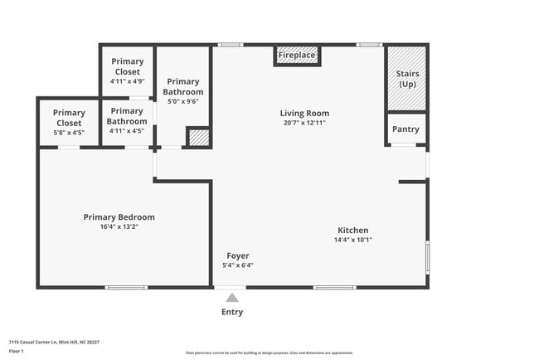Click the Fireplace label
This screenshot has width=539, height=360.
pyautogui.click(x=297, y=56)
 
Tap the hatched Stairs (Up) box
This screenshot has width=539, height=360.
pyautogui.click(x=407, y=79)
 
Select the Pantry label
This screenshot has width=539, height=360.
pyautogui.click(x=405, y=129)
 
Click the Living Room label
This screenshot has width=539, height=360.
pyautogui.click(x=304, y=114)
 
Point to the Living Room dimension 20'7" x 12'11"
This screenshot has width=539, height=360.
pyautogui.click(x=304, y=123)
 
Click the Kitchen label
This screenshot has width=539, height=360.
pyautogui.click(x=352, y=231)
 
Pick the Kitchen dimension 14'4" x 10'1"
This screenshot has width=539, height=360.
pyautogui.click(x=352, y=241)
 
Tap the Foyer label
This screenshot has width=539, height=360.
pyautogui.click(x=237, y=255)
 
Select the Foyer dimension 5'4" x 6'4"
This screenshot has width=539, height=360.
pyautogui.click(x=237, y=265)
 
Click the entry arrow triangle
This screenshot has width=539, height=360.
pyautogui.click(x=232, y=298)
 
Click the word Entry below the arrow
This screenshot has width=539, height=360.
pyautogui.click(x=232, y=313)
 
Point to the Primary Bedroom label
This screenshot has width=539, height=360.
pyautogui.click(x=119, y=217)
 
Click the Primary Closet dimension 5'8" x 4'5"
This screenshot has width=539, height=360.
pyautogui.click(x=69, y=132)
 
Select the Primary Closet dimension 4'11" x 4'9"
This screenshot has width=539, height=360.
pyautogui.click(x=127, y=81)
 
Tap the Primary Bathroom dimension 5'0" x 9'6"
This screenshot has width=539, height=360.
pyautogui.click(x=183, y=102)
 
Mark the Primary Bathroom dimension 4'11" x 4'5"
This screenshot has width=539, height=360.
pyautogui.click(x=127, y=131)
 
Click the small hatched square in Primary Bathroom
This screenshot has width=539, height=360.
pyautogui.click(x=198, y=138)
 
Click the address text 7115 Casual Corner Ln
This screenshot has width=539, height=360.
pyautogui.click(x=37, y=341)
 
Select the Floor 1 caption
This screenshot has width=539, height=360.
pyautogui.click(x=16, y=351)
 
